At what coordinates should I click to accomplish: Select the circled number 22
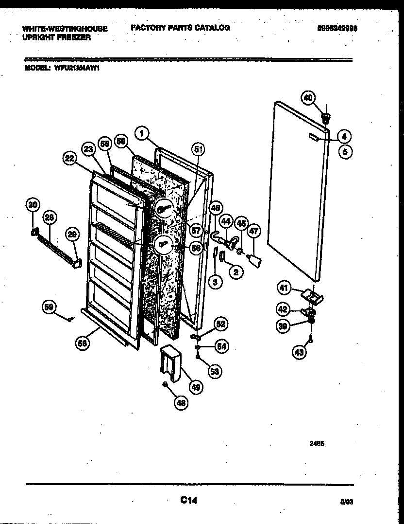coord(70,157)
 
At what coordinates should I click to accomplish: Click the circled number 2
coord(236,272)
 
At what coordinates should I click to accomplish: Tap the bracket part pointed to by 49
coord(169,363)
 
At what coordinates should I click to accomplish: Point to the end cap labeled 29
coord(76,263)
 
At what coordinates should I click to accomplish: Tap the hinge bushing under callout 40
coord(326,117)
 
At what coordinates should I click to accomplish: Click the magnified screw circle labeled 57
coord(166,209)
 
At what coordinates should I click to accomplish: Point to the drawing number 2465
coord(316,444)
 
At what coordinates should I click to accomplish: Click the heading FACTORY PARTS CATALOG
coord(180,28)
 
